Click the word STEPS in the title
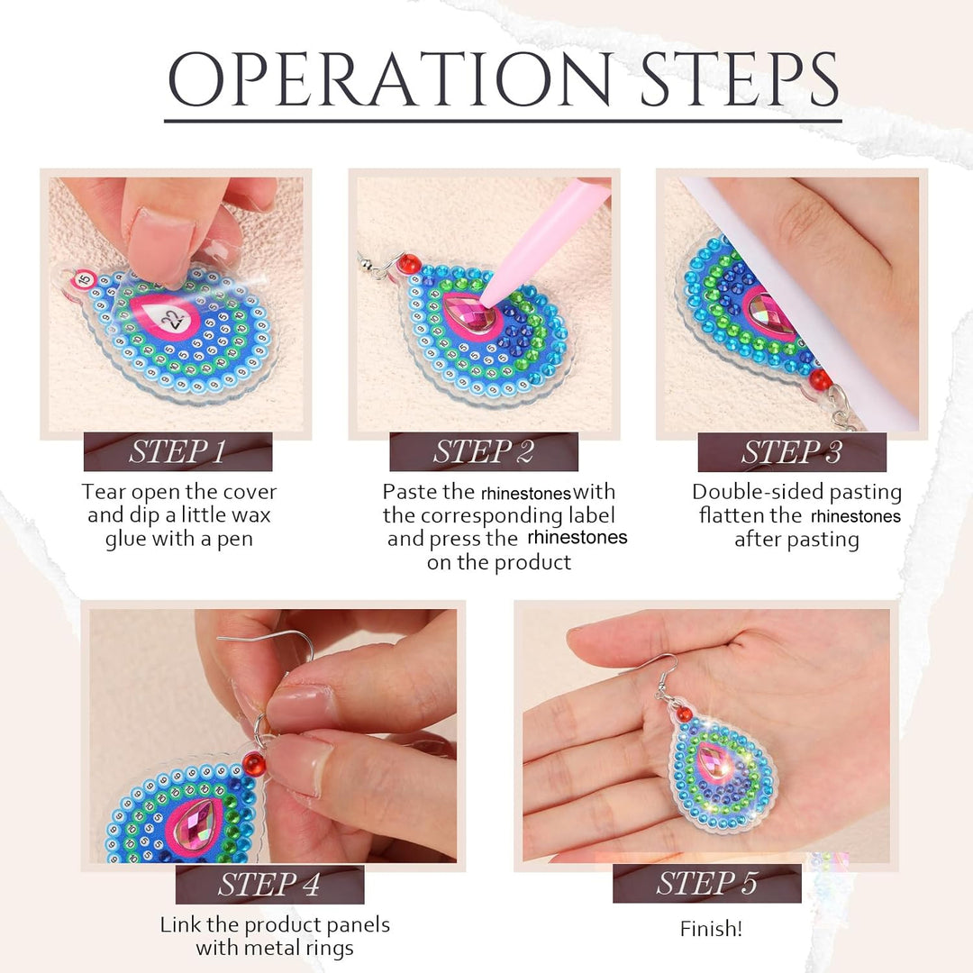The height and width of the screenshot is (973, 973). point(739,78)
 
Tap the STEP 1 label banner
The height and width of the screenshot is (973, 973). point(178,451)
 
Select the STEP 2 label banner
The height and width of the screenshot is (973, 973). point(484,451)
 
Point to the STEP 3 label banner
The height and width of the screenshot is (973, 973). point(792,451)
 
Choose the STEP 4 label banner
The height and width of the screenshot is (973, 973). point(269,885)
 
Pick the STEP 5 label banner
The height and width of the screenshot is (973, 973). point(707,883)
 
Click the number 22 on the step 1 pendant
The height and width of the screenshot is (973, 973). point(172,319)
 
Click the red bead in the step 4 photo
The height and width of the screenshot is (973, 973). point(253,763)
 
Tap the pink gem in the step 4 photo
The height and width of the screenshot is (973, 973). point(194,824)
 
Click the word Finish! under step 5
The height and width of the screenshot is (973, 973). point(711,928)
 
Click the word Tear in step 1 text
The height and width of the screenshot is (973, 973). point(104,492)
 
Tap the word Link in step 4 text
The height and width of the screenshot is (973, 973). point(179,924)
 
